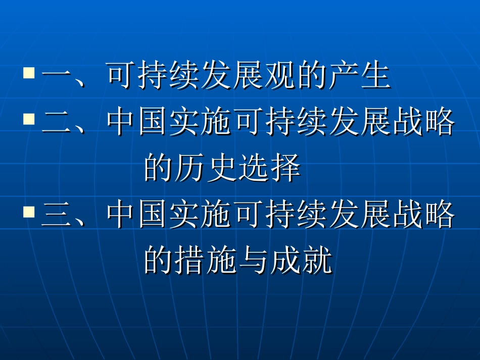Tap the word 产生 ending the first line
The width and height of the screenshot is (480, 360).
coord(359,77)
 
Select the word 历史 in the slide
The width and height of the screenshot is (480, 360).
coord(207,169)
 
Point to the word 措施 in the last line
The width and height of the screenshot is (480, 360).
coord(207,261)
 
